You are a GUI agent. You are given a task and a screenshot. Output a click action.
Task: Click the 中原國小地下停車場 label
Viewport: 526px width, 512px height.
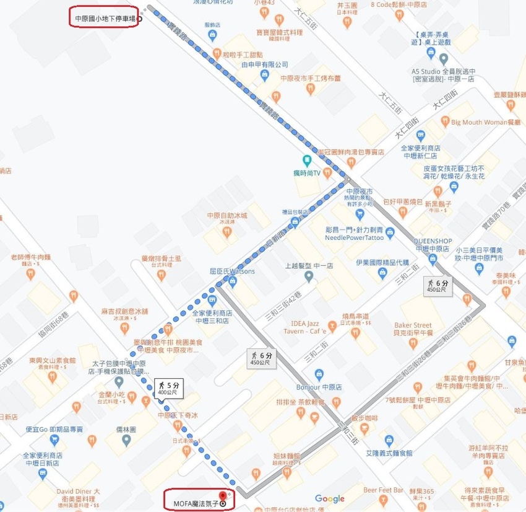(x=103, y=19)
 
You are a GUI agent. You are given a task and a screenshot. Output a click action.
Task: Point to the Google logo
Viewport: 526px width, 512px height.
(x=329, y=498)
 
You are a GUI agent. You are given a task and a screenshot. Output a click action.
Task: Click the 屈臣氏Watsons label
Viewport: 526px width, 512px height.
(x=232, y=271)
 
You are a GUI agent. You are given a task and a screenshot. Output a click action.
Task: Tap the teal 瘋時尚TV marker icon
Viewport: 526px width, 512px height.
(x=306, y=159)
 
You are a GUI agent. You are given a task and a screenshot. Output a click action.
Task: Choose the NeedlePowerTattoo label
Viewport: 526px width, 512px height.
(x=354, y=237)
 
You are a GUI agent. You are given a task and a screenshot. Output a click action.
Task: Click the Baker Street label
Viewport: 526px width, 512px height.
(x=413, y=325)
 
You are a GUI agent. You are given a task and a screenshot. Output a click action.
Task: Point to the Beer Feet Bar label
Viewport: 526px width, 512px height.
(x=387, y=490)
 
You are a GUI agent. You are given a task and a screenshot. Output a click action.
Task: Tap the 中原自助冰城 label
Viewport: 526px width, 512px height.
(x=227, y=216)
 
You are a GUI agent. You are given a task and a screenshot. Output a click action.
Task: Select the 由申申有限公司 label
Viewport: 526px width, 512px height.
(x=264, y=64)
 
